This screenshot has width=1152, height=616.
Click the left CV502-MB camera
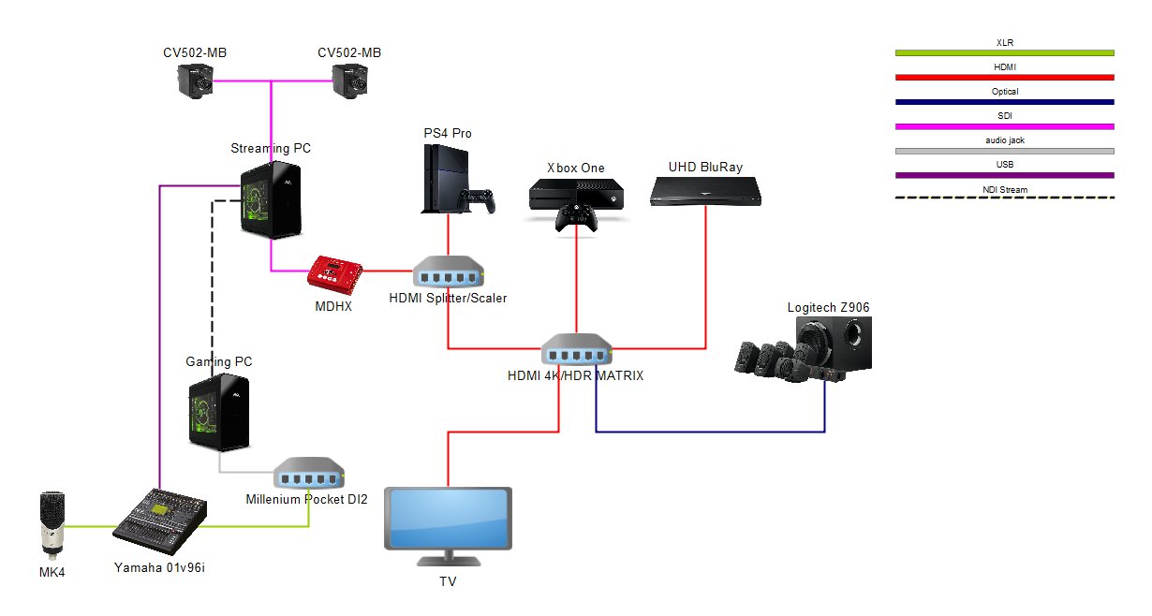coord(196,81)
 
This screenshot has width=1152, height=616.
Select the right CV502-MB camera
coord(349,81)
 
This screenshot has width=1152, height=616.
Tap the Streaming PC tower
coord(271,200)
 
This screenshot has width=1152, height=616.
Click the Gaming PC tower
coord(219,412)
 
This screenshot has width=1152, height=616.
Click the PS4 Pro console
coord(446,179)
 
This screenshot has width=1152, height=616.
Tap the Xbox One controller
coord(576,217)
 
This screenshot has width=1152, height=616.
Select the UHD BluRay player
coord(705,191)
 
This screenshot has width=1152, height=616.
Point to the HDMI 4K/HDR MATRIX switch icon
coord(577,348)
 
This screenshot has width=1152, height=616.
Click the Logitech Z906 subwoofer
coord(834,343)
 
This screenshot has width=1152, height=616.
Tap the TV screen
coord(448,519)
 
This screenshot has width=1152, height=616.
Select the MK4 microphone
coord(52,525)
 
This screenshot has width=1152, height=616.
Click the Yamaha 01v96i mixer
coord(160,521)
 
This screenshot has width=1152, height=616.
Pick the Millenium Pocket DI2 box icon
coord(308,473)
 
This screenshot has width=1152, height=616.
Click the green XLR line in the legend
coord(1004,53)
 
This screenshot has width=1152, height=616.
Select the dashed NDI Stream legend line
coord(1004,198)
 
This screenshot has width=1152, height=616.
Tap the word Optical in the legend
coord(1005,92)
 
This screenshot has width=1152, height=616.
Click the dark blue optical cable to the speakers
coord(710,432)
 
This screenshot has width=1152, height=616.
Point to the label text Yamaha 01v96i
coord(159,567)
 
